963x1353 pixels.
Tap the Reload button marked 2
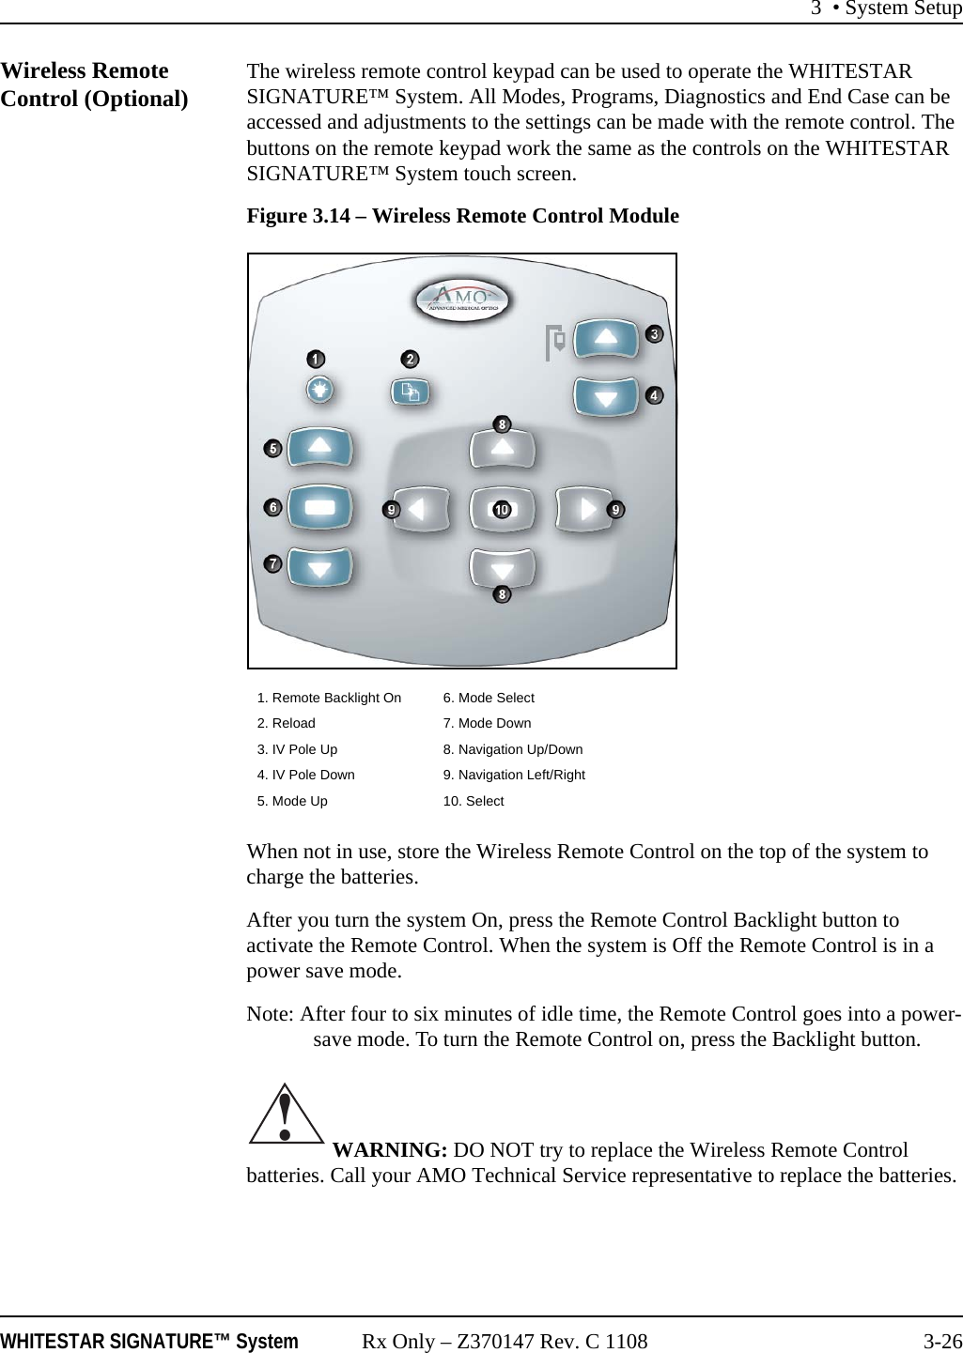coord(410,392)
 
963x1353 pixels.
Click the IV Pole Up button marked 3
coord(606,338)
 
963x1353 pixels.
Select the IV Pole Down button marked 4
coord(606,396)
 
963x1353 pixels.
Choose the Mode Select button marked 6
coord(319,507)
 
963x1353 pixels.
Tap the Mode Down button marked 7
coord(319,567)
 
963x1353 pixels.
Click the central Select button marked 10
coord(503,509)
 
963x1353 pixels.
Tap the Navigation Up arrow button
coord(503,448)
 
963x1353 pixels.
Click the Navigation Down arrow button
coord(503,569)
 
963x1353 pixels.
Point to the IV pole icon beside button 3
coord(555,343)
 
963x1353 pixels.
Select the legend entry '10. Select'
coord(474,801)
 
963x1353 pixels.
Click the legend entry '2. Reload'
coord(287,723)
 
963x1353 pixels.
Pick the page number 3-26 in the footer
coord(942,1342)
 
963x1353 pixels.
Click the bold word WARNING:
coord(390,1150)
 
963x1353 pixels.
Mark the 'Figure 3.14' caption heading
coord(462,216)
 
